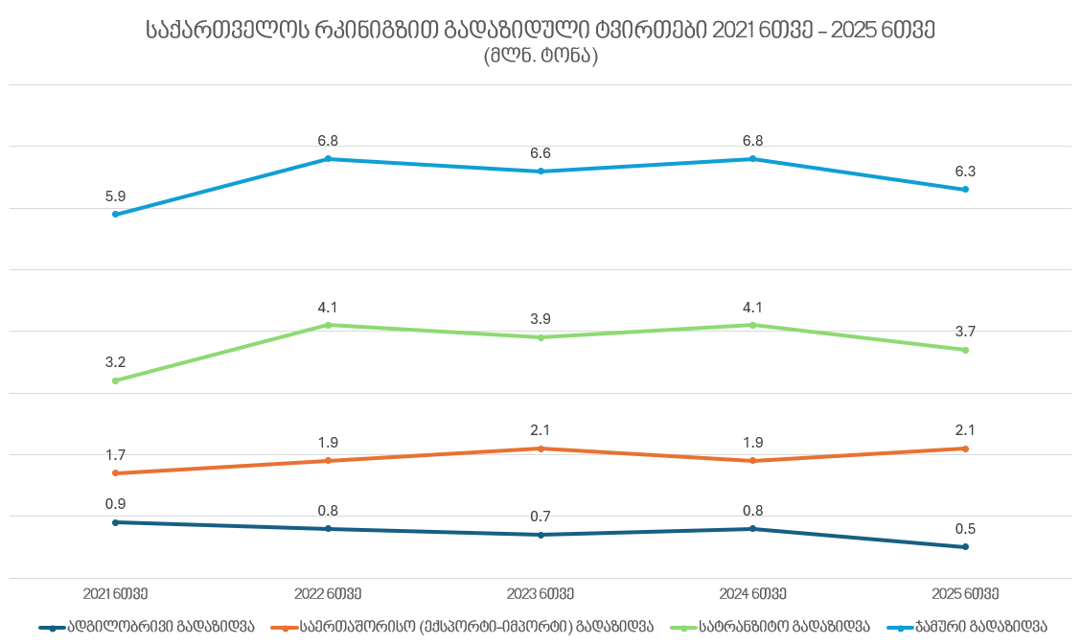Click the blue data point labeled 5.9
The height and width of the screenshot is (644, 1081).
click(116, 215)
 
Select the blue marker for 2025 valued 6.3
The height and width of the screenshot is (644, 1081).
click(965, 190)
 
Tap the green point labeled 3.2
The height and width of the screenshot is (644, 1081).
click(116, 381)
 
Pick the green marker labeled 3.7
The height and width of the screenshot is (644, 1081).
click(965, 351)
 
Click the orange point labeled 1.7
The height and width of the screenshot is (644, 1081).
click(116, 473)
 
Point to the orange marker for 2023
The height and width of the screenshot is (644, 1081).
click(540, 448)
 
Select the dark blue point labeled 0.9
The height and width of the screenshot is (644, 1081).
click(116, 522)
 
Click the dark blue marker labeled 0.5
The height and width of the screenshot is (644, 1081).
click(965, 547)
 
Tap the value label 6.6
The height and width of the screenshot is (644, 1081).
click(540, 153)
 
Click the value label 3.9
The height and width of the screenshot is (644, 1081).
click(540, 319)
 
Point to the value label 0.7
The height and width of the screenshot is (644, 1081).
click(540, 517)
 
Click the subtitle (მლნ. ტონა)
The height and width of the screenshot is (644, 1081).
click(540, 57)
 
